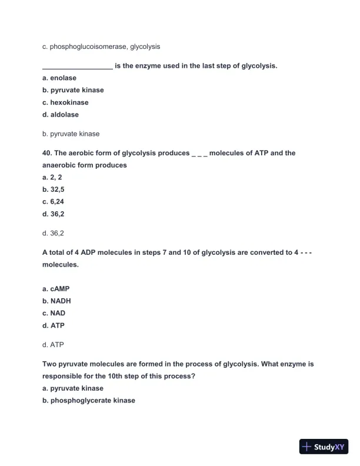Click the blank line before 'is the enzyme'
click(x=77, y=66)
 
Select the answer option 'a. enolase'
click(x=59, y=78)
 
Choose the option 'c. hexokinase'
click(x=65, y=102)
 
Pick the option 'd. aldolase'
click(x=61, y=115)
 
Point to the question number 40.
click(x=47, y=153)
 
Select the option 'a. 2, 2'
click(x=52, y=177)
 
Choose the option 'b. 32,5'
click(x=53, y=189)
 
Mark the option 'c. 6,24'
click(x=53, y=202)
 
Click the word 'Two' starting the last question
click(x=49, y=364)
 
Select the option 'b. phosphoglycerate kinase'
click(x=89, y=401)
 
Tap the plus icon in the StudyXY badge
click(x=306, y=447)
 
